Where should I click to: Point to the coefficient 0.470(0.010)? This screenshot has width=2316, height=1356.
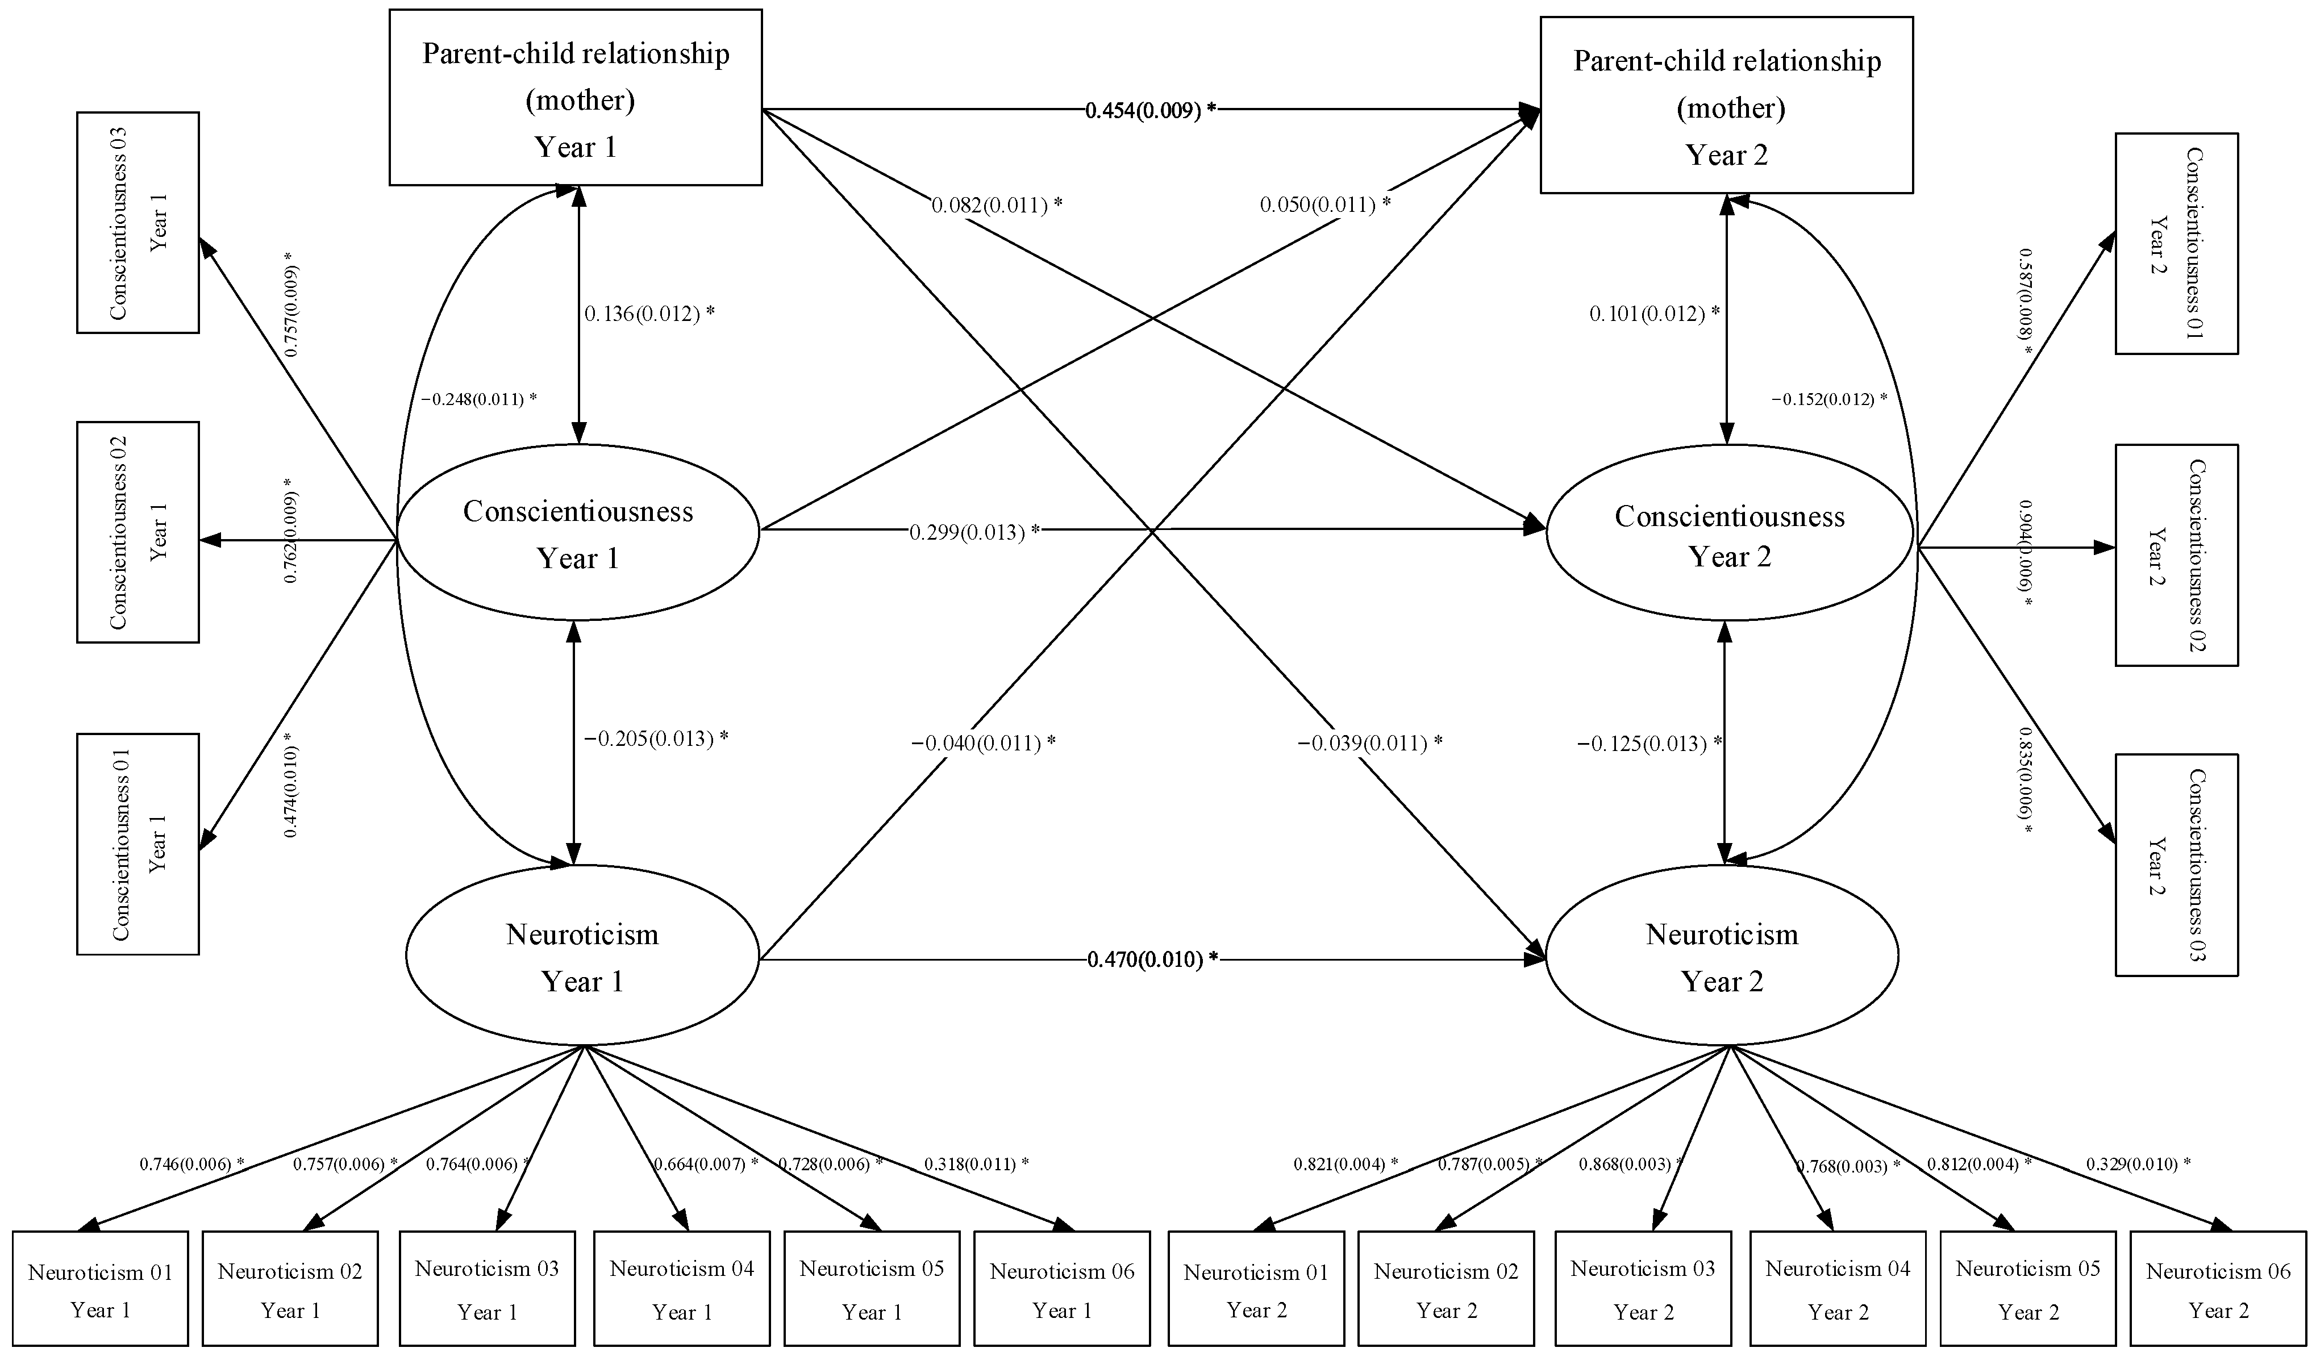pyautogui.click(x=1152, y=960)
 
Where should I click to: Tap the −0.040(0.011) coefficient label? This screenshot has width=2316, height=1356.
pyautogui.click(x=982, y=743)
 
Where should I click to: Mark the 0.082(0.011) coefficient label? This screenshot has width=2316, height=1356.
pyautogui.click(x=996, y=205)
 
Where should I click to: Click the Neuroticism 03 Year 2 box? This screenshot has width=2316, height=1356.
pyautogui.click(x=1642, y=1290)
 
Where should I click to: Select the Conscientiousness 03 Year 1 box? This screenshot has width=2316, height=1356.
pyautogui.click(x=138, y=222)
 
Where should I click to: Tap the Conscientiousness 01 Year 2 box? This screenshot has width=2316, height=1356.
pyautogui.click(x=2176, y=244)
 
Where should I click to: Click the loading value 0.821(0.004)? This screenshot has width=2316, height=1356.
pyautogui.click(x=1344, y=1164)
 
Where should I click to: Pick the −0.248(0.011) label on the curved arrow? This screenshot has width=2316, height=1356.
pyautogui.click(x=478, y=399)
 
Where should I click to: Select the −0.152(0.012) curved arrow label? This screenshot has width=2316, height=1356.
pyautogui.click(x=1828, y=399)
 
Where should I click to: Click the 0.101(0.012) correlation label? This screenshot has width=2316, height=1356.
pyautogui.click(x=1654, y=314)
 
